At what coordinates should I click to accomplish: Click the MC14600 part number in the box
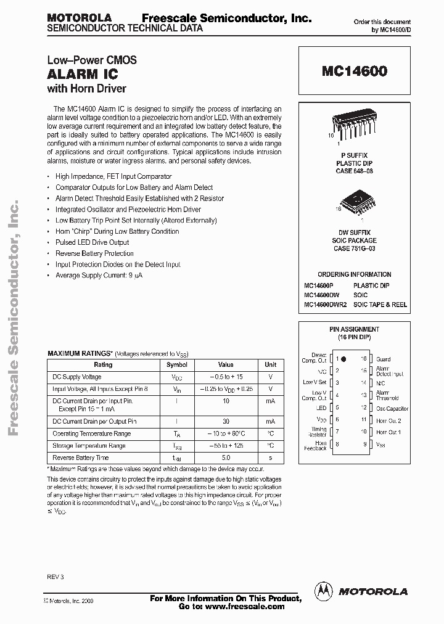point(354,72)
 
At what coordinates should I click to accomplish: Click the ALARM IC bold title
point(78,75)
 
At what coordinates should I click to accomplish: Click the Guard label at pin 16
point(383,359)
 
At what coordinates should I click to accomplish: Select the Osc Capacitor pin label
point(392,408)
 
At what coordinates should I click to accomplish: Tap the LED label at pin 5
point(321,408)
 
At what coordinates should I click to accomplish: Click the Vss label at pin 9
point(381,444)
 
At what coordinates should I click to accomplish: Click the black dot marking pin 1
point(343,358)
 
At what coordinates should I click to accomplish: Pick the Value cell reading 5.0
point(226,458)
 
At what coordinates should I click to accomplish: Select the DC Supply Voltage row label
point(77,377)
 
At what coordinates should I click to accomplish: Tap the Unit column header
point(270,364)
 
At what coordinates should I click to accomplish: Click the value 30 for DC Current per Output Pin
point(226,421)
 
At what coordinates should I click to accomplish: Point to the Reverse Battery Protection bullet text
point(94,253)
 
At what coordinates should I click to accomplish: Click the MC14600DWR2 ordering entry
point(325,305)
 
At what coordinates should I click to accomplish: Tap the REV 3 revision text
point(55,577)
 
